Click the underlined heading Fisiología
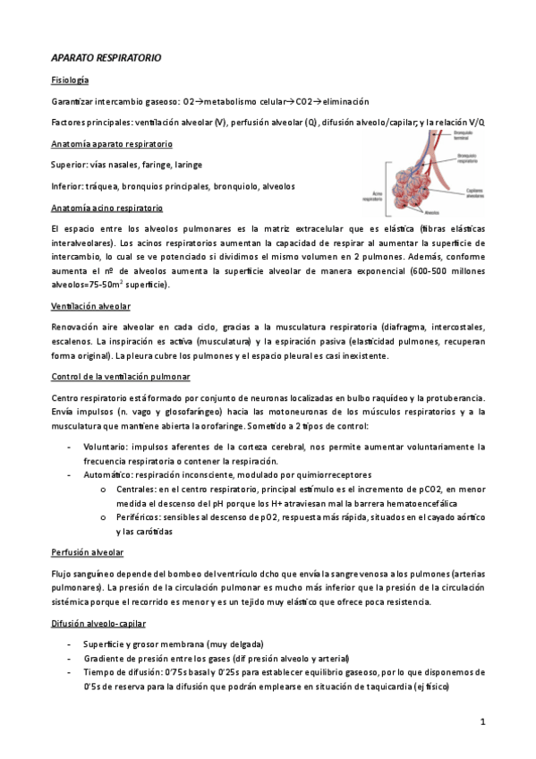pyautogui.click(x=70, y=81)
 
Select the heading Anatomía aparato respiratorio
pyautogui.click(x=112, y=143)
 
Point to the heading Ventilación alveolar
pyautogui.click(x=90, y=305)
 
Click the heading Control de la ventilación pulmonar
pyautogui.click(x=121, y=377)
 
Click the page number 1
pyautogui.click(x=481, y=721)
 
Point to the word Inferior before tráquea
pyautogui.click(x=68, y=186)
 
